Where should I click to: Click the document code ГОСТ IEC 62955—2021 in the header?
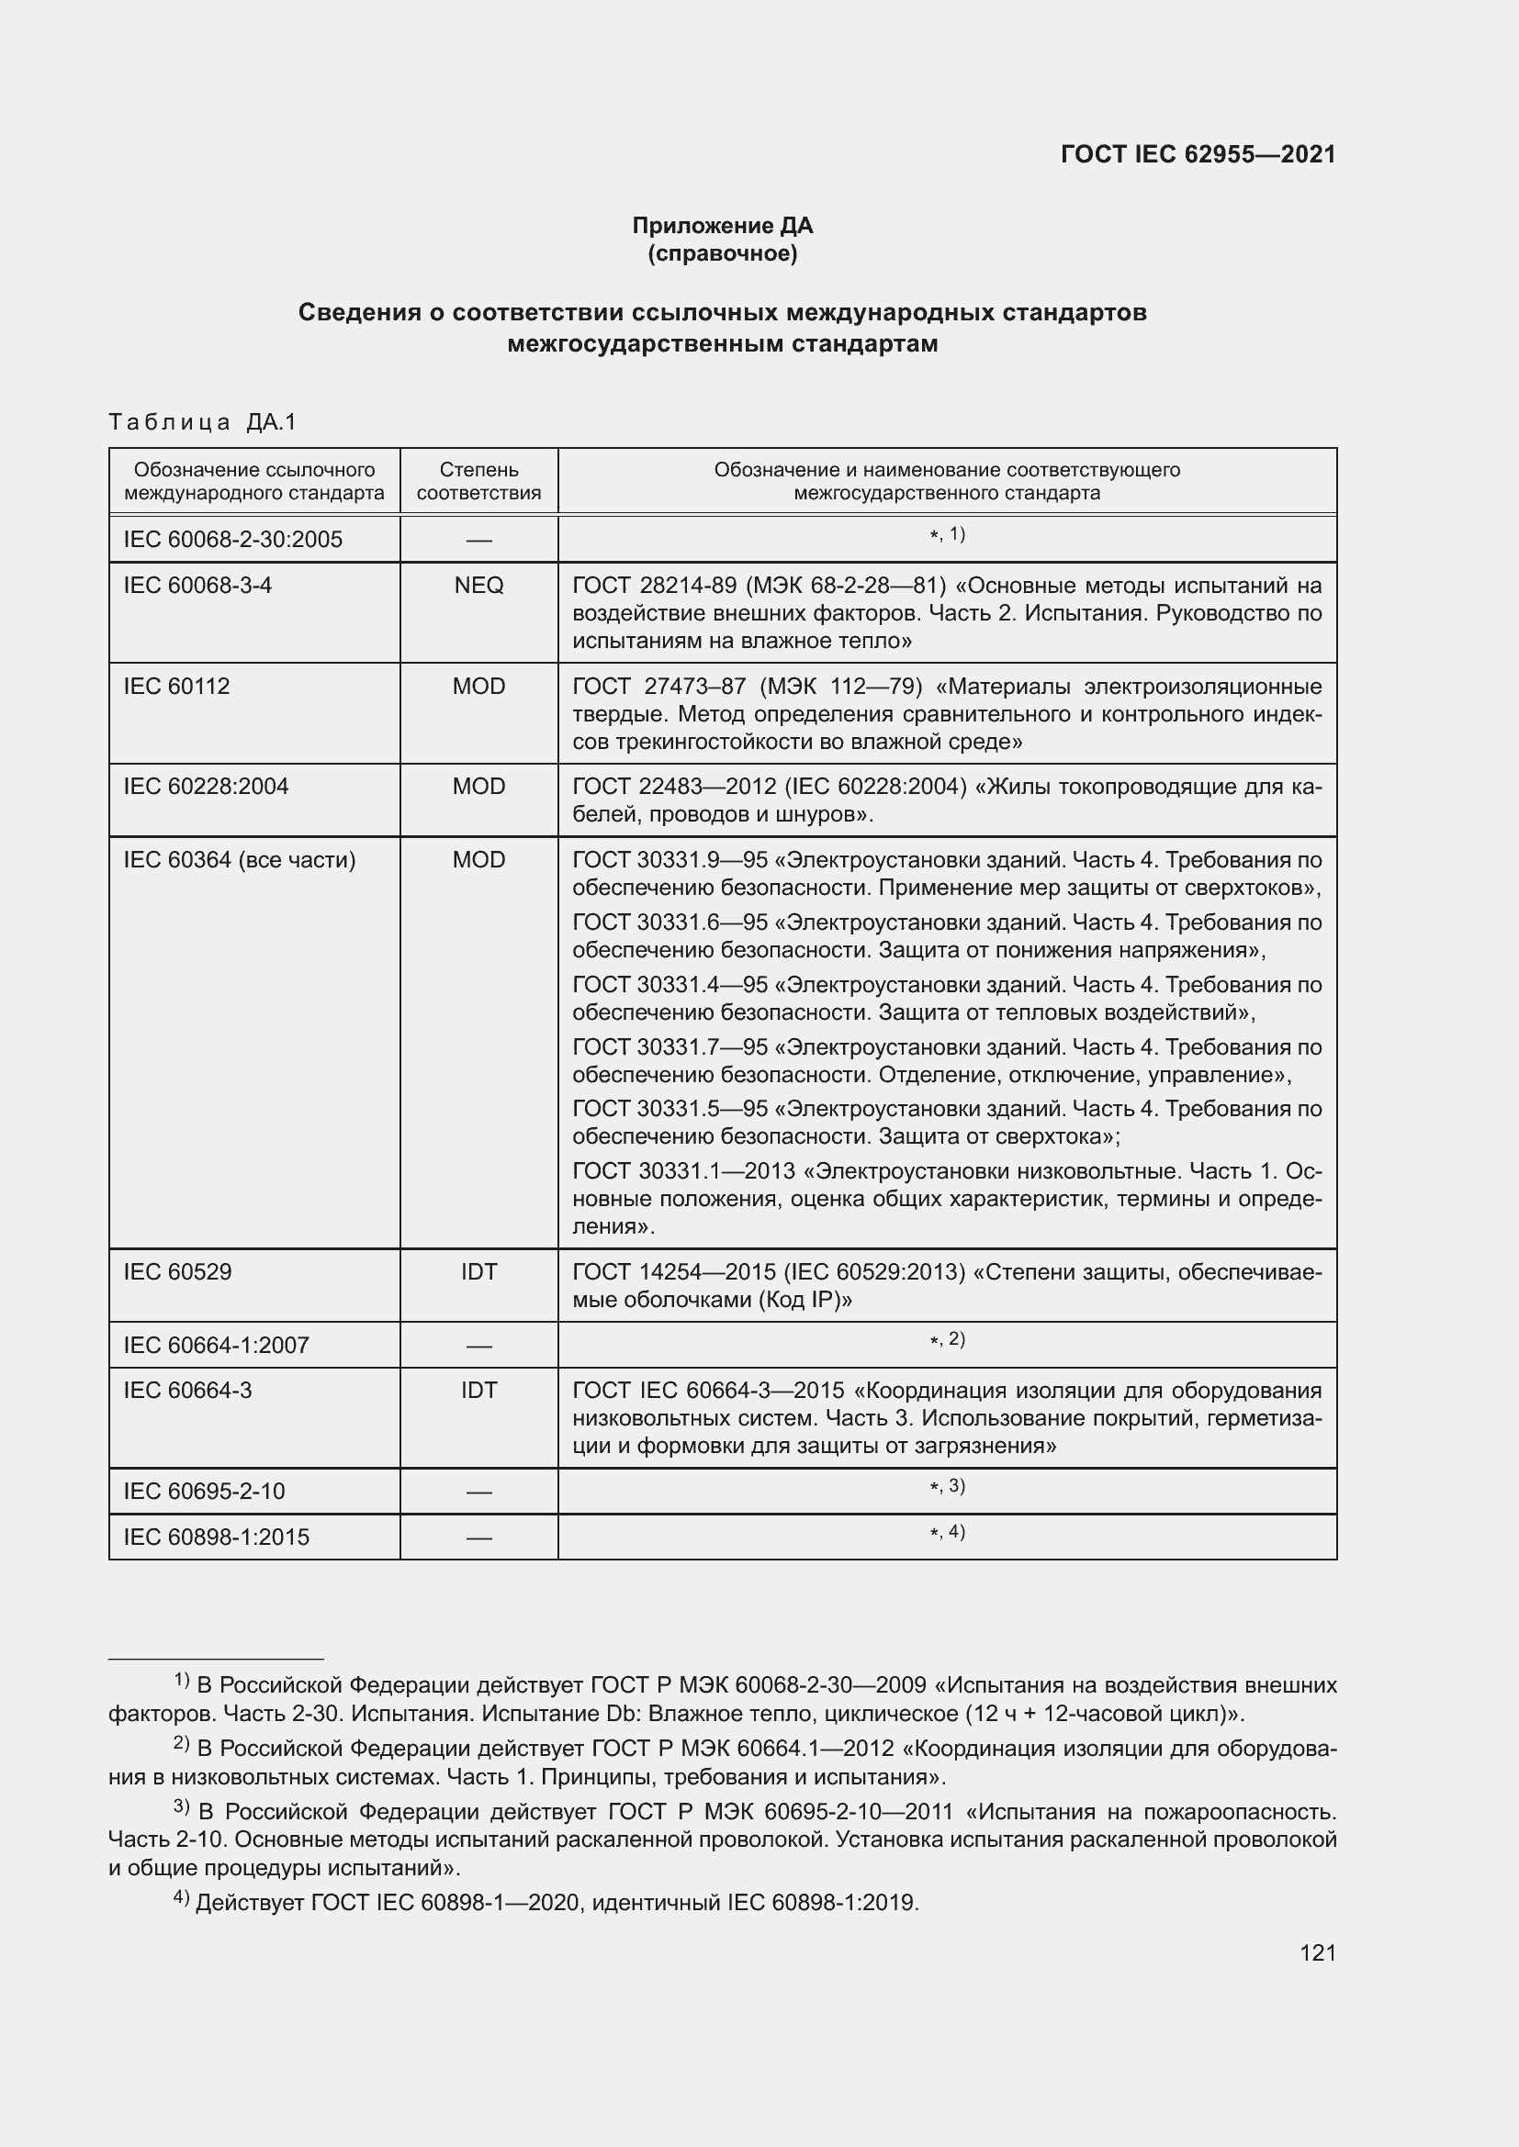point(1198,154)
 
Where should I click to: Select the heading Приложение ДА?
point(722,226)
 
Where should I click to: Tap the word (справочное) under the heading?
point(722,253)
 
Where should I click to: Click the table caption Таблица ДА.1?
point(202,421)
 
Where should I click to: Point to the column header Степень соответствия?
point(478,481)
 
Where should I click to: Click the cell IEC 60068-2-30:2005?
point(233,540)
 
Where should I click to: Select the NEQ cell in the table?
point(478,586)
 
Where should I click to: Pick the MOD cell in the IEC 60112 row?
point(478,687)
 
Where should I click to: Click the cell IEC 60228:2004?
point(206,787)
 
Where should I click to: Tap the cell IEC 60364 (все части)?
point(240,860)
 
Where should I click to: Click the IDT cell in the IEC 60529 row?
point(478,1271)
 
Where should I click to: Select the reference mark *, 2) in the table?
point(947,1340)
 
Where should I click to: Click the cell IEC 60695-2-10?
point(204,1492)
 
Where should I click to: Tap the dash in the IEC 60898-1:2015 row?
point(478,1538)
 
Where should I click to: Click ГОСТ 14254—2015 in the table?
point(673,1271)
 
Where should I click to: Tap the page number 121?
point(1317,1952)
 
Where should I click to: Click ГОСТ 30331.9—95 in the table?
point(669,860)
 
